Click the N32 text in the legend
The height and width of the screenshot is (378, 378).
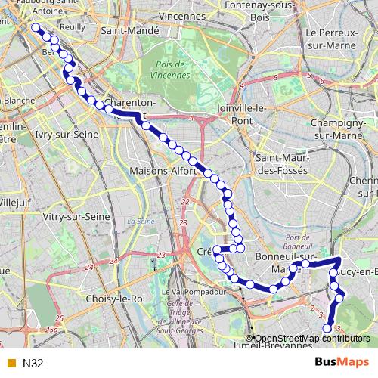pyautogui.click(x=33, y=363)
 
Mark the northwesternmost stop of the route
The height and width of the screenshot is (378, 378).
pyautogui.click(x=35, y=28)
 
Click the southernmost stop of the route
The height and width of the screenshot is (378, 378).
pyautogui.click(x=327, y=327)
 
